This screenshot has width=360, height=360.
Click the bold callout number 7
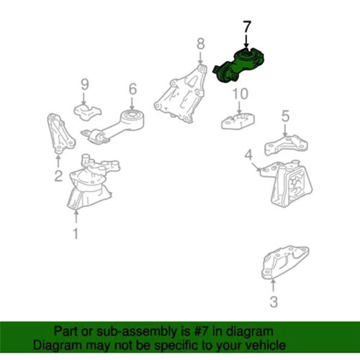pyautogui.click(x=247, y=27)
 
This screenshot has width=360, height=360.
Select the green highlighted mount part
pyautogui.click(x=239, y=65)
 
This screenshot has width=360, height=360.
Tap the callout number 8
pyautogui.click(x=201, y=44)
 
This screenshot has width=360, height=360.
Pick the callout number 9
pyautogui.click(x=84, y=84)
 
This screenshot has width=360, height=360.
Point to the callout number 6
pyautogui.click(x=132, y=89)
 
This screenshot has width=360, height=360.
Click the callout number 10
pyautogui.click(x=240, y=94)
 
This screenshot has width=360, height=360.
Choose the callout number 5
pyautogui.click(x=285, y=116)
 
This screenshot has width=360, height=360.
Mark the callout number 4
pyautogui.click(x=248, y=155)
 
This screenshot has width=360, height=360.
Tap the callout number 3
pyautogui.click(x=274, y=302)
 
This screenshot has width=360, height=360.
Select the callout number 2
pyautogui.click(x=58, y=176)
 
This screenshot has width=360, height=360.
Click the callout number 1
pyautogui.click(x=76, y=233)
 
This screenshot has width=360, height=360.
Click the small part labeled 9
pyautogui.click(x=87, y=112)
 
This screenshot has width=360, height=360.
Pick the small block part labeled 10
pyautogui.click(x=238, y=121)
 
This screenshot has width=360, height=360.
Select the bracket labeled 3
pyautogui.click(x=284, y=262)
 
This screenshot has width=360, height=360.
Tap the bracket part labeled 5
pyautogui.click(x=286, y=145)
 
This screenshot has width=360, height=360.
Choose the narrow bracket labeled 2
pyautogui.click(x=60, y=133)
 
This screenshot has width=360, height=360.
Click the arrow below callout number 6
pyautogui.click(x=132, y=103)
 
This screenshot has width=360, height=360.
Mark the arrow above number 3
pyautogui.click(x=273, y=286)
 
